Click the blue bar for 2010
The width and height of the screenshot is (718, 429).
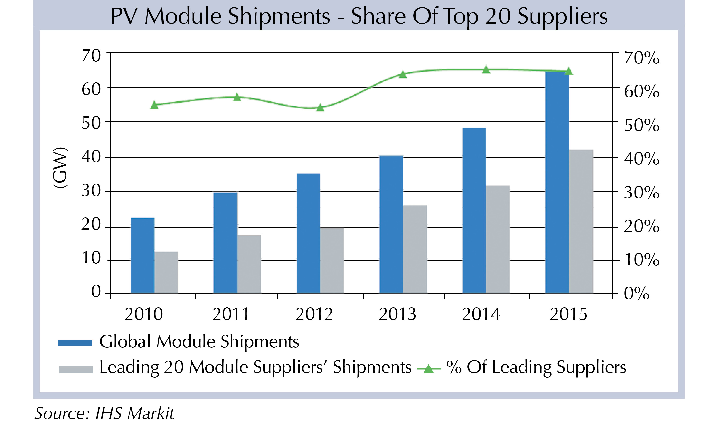pos(142,256)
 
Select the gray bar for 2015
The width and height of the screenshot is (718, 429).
pos(581,222)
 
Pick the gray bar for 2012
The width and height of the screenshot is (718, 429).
pos(332,260)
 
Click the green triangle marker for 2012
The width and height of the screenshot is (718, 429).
pos(320,108)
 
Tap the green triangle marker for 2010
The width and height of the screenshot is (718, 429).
pos(154,105)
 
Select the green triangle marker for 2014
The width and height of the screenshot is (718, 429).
pos(486,70)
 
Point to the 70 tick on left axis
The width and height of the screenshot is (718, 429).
pos(91,56)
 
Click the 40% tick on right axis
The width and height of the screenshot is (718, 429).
pos(642,159)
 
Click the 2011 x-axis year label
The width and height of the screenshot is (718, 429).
pos(231,314)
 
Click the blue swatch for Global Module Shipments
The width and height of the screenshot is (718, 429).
pos(75,343)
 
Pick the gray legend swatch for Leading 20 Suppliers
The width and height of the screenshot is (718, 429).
pos(76,369)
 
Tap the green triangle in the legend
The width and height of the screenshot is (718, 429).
pos(428,369)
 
